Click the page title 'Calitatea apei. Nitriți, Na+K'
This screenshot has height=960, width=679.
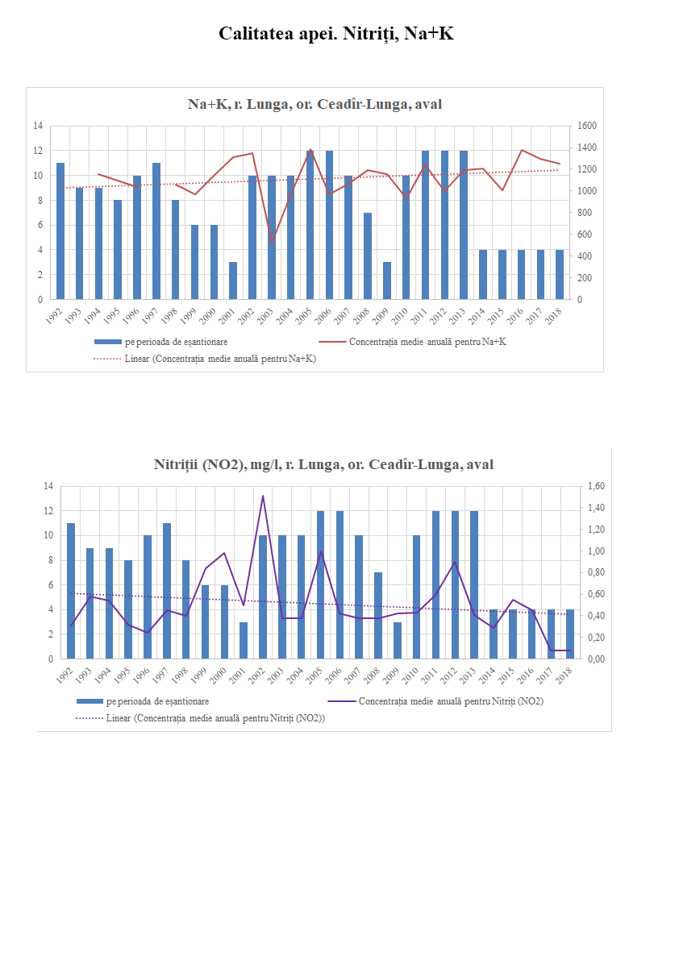(x=339, y=34)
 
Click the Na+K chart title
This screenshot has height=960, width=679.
(x=315, y=104)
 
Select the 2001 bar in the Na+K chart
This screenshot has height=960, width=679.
(x=233, y=281)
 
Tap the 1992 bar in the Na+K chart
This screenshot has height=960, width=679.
(x=60, y=231)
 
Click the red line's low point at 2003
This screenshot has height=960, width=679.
(x=272, y=241)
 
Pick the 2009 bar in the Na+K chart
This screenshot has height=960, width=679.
(x=386, y=281)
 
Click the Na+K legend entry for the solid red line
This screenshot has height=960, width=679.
(x=428, y=342)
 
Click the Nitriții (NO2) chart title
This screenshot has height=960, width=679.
(x=323, y=464)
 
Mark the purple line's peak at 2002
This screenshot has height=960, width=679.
(x=262, y=496)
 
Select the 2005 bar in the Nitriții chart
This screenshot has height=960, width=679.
(x=320, y=584)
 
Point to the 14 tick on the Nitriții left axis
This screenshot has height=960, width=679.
(x=48, y=486)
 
